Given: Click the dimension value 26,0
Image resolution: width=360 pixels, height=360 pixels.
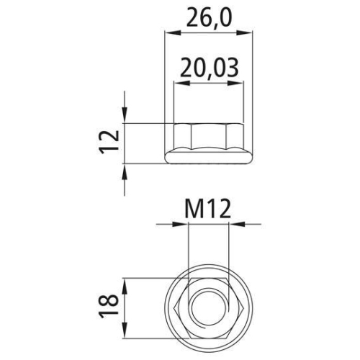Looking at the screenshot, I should (x=209, y=16).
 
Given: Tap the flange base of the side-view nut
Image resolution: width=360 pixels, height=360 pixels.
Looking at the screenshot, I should (x=208, y=156).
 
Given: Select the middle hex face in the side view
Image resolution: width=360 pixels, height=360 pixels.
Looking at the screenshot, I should (x=208, y=136).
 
